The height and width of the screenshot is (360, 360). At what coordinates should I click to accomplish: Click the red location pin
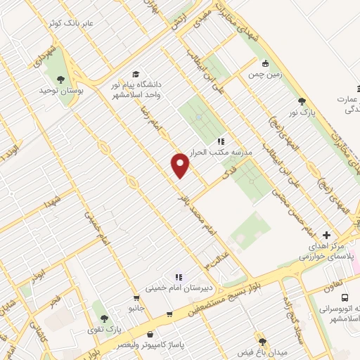click(181, 165)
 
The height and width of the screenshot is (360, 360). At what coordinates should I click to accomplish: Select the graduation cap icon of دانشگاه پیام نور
click(135, 74)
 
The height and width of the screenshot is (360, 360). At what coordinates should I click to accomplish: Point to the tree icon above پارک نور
click(302, 101)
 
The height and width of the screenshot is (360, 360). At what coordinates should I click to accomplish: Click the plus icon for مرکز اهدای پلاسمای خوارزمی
click(326, 235)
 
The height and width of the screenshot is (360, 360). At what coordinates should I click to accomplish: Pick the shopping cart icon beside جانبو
click(169, 314)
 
